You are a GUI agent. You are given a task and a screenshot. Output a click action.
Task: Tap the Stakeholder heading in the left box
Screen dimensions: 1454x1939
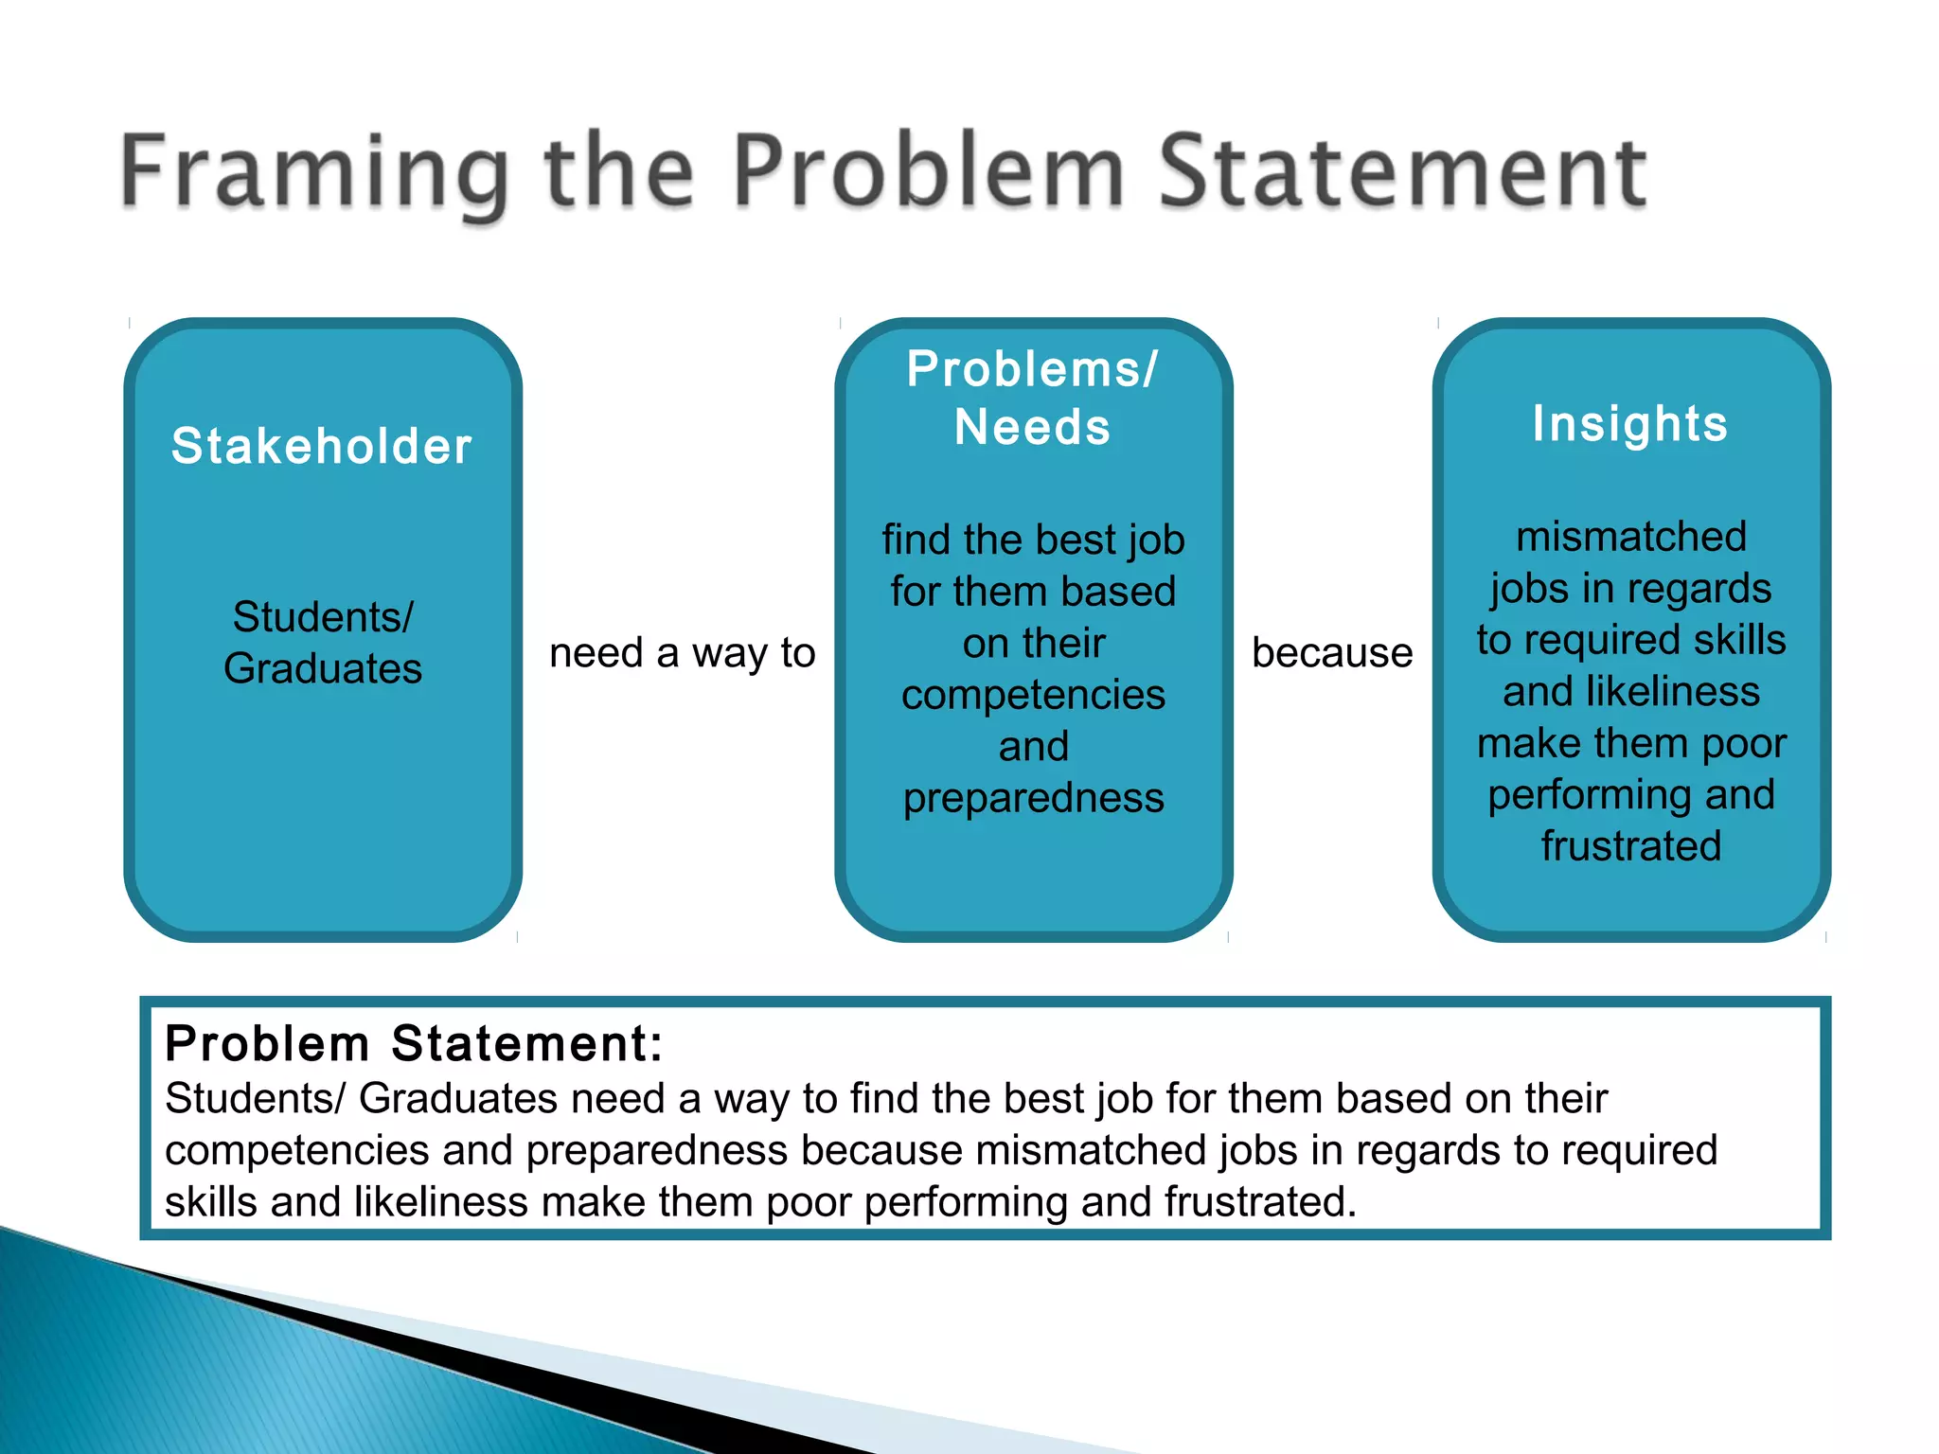[322, 446]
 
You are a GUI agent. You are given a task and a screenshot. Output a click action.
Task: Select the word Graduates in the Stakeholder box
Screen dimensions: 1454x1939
[323, 668]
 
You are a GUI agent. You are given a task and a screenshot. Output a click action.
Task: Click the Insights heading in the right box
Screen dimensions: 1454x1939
[1630, 423]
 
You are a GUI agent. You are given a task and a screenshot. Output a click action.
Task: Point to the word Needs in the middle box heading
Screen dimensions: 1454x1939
[1032, 427]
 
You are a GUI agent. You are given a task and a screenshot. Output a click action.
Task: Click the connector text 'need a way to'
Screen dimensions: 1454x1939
[682, 653]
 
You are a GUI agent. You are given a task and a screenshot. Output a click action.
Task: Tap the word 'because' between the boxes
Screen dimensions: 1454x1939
[1332, 653]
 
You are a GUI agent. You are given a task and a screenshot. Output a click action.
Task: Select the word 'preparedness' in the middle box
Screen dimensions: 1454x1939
[1033, 798]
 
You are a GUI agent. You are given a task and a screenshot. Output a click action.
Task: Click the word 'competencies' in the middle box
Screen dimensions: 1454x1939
[1033, 695]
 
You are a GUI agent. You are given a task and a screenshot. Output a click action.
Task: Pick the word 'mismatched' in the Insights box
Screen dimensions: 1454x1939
[1630, 537]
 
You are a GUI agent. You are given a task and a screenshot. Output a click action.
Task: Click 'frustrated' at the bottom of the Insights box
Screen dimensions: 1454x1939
[1630, 845]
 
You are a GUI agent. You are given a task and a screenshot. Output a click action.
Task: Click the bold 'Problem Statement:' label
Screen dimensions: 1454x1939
[414, 1043]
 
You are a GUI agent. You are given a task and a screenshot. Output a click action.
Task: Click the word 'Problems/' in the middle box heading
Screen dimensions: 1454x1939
[1032, 369]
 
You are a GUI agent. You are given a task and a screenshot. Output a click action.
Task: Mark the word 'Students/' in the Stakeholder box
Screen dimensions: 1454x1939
[323, 617]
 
